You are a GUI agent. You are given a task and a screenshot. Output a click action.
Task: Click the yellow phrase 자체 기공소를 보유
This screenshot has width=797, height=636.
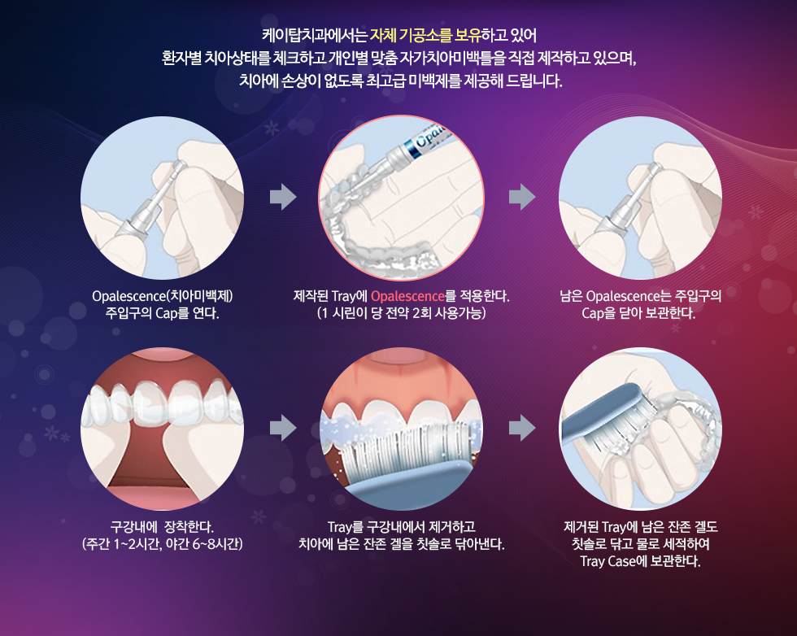click(425, 36)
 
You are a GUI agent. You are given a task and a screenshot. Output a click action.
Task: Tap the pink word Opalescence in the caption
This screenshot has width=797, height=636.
click(407, 296)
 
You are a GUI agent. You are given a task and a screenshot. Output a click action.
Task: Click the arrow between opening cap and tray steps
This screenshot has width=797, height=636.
click(283, 197)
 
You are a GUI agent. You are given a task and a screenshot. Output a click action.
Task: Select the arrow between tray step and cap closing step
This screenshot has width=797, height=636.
click(522, 197)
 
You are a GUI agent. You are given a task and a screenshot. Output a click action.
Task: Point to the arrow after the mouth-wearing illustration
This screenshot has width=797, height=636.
click(283, 428)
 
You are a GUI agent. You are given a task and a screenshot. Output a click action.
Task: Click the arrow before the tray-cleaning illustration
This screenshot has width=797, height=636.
click(522, 428)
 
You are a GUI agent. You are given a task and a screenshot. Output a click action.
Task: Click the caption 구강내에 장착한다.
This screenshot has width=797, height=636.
click(162, 527)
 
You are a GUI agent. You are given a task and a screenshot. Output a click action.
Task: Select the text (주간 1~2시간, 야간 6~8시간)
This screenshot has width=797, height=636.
click(162, 544)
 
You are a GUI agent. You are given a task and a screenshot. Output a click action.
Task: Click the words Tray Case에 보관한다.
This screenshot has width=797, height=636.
click(640, 561)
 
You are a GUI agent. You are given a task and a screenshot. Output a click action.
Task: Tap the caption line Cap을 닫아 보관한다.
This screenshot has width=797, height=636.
click(638, 313)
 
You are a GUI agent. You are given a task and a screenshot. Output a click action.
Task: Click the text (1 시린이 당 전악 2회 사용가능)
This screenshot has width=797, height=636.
click(401, 313)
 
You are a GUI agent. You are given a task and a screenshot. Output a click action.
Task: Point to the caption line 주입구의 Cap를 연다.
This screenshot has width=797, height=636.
click(162, 313)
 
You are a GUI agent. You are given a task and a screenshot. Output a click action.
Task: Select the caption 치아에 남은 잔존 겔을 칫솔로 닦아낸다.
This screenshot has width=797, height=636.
click(401, 544)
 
